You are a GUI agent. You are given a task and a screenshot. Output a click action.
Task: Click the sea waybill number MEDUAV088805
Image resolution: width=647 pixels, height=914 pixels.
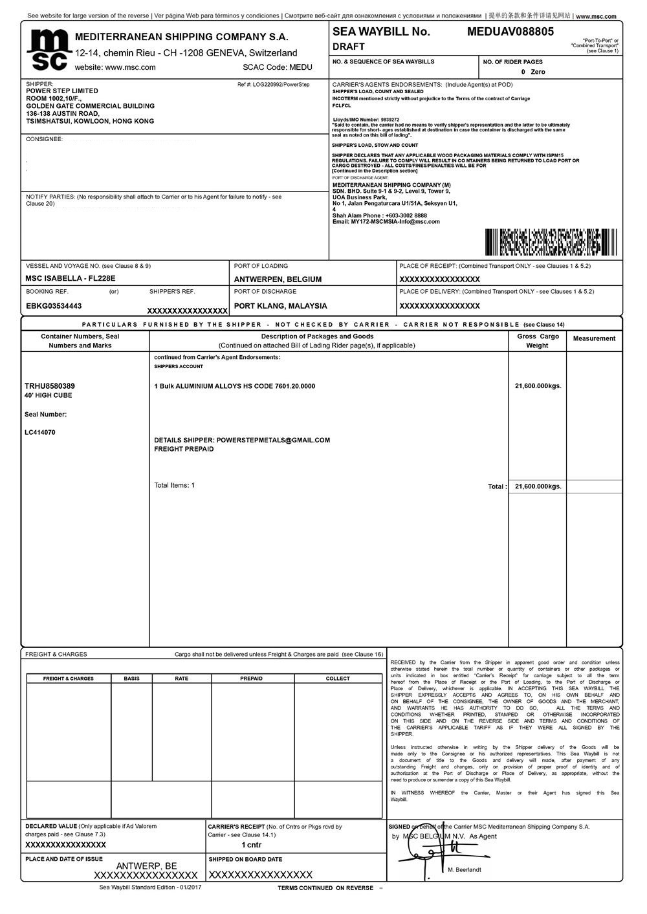(510, 31)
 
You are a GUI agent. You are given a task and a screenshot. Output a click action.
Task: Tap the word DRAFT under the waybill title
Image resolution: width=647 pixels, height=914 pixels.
(349, 47)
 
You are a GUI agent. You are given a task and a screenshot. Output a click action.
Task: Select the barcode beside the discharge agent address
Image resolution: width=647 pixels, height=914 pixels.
(550, 242)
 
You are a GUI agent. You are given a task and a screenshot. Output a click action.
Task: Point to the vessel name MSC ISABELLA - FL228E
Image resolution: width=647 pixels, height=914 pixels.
(71, 279)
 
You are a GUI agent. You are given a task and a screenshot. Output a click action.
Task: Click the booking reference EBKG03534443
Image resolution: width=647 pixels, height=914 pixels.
(54, 306)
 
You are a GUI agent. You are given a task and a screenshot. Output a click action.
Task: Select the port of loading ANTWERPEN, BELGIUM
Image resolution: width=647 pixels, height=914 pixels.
(278, 279)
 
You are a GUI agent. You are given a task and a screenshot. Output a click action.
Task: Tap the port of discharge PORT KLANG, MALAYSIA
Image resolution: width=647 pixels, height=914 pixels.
(280, 306)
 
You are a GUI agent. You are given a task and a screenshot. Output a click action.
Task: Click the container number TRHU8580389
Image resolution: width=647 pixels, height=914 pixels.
(49, 386)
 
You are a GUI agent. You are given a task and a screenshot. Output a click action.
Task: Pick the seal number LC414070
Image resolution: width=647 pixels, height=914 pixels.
(40, 432)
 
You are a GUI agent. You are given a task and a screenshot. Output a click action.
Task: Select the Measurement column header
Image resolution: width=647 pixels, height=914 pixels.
(594, 338)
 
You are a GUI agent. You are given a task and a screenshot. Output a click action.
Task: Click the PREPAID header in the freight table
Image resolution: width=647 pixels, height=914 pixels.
(251, 679)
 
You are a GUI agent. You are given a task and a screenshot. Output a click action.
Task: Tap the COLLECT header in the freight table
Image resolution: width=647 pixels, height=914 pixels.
(338, 679)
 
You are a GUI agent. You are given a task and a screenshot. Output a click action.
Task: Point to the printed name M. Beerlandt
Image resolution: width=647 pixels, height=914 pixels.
(465, 870)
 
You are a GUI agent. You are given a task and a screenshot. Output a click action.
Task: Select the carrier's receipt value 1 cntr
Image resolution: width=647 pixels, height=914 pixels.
(252, 845)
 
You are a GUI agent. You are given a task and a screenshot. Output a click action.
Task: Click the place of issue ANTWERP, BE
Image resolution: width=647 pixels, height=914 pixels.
(146, 865)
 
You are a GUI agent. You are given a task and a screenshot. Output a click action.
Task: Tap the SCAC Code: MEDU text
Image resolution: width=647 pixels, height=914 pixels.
(278, 67)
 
